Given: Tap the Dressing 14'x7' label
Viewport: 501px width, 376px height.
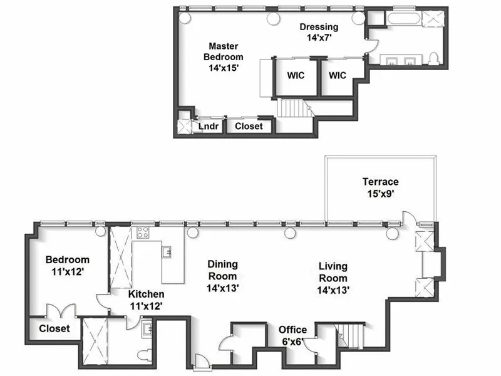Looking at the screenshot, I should click(319, 32).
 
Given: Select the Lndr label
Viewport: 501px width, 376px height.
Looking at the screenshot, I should click(208, 127).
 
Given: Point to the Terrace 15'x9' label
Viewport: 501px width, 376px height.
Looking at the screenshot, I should click(380, 187).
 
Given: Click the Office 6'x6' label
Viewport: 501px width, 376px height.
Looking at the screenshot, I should click(292, 335).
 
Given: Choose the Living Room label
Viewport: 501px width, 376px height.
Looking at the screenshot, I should click(333, 278).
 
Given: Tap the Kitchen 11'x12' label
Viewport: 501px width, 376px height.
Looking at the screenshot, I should click(146, 300).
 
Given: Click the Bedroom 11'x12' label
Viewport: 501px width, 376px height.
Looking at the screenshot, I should click(67, 266).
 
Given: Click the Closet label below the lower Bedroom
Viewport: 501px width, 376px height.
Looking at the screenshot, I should click(54, 328).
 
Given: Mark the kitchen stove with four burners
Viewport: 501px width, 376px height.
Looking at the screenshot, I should click(143, 233).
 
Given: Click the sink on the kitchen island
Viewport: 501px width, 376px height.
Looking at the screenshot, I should click(167, 252).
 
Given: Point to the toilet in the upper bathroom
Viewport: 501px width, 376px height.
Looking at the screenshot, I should click(433, 59).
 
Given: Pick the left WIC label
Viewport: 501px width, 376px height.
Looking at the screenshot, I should click(296, 75).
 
